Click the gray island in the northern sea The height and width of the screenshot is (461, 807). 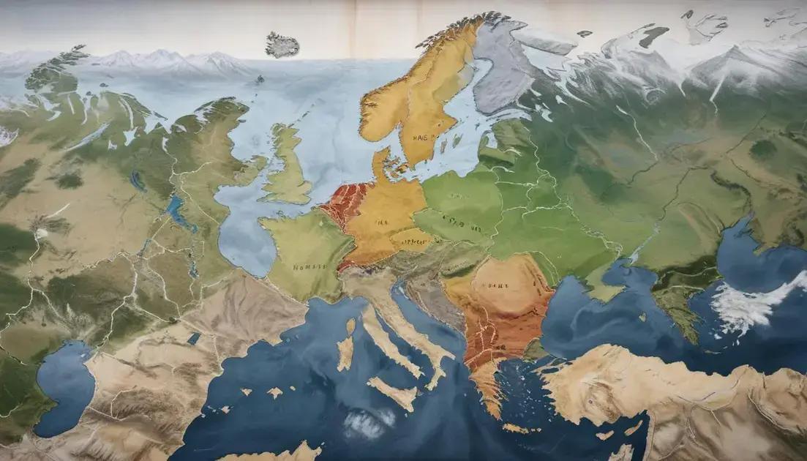282,45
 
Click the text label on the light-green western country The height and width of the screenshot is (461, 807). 308,267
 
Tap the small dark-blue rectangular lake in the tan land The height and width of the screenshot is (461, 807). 194,338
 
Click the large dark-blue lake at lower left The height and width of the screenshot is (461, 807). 64,388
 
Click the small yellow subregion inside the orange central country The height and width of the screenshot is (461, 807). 411,239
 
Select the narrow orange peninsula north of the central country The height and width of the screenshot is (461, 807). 381,165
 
